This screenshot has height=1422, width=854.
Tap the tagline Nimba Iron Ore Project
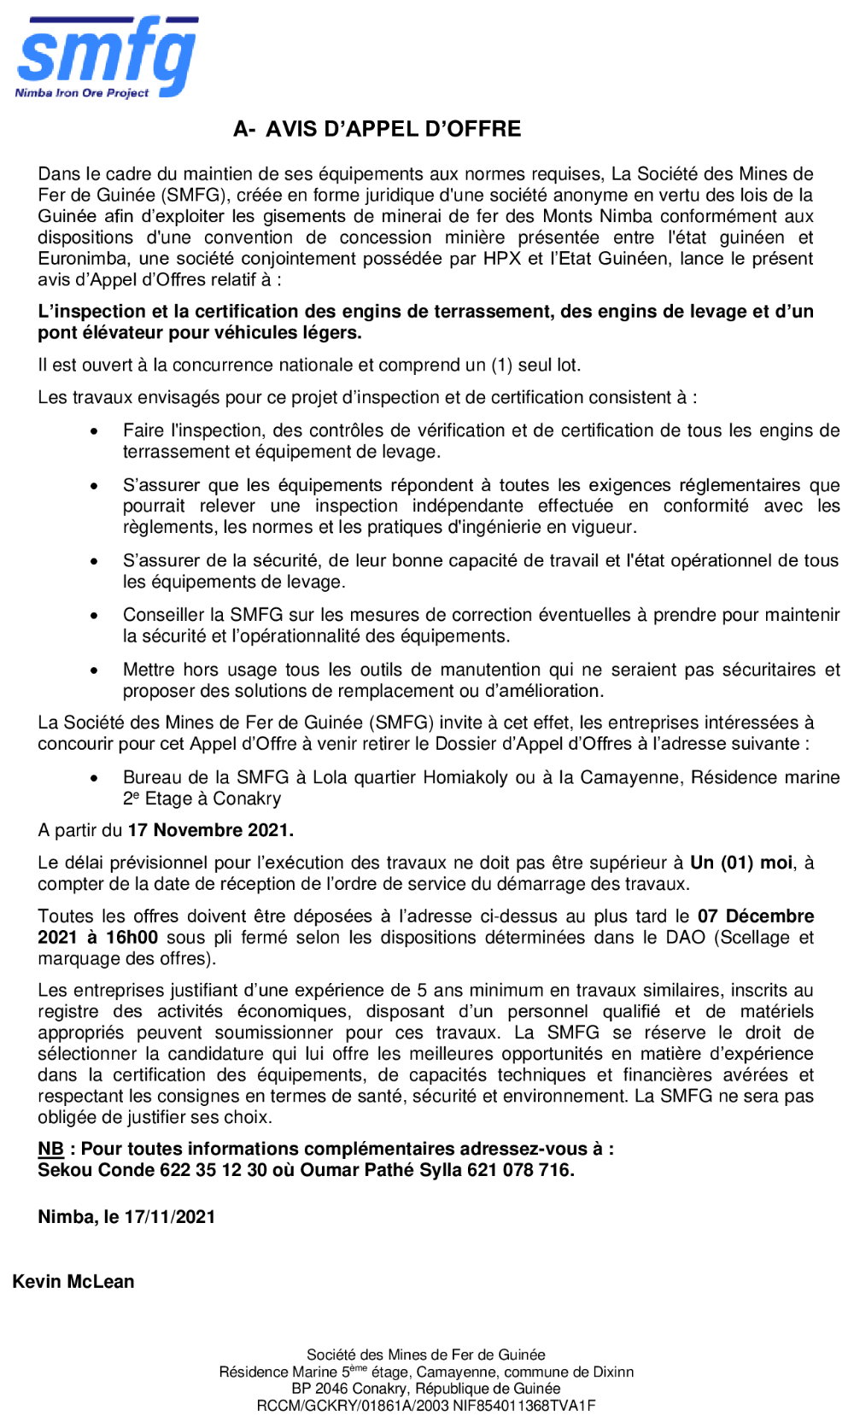click(x=82, y=92)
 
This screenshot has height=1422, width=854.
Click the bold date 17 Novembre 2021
click(x=210, y=830)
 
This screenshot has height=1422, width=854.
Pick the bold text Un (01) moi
click(x=741, y=863)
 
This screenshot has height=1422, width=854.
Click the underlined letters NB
click(x=50, y=1149)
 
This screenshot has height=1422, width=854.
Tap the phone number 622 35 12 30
click(x=213, y=1170)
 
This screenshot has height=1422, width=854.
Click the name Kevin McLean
click(x=73, y=1282)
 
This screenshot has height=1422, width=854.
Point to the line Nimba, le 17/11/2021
click(x=126, y=1217)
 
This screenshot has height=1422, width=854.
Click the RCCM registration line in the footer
click(x=426, y=1406)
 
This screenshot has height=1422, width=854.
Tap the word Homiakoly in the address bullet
click(x=468, y=777)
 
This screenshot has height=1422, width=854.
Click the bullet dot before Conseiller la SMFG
click(x=95, y=616)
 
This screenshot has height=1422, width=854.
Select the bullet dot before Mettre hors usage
click(x=95, y=670)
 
